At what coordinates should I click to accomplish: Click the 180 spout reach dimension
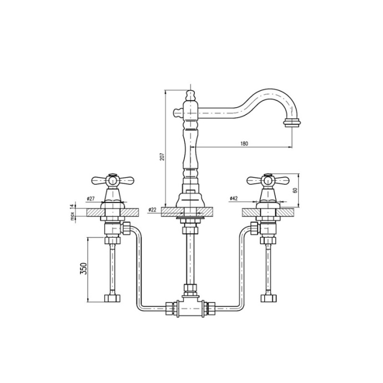(x=244, y=143)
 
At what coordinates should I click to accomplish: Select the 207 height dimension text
(x=162, y=157)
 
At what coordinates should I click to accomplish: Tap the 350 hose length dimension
(x=83, y=269)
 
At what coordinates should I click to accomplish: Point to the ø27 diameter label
(x=90, y=199)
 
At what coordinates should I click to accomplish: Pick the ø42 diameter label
(x=234, y=199)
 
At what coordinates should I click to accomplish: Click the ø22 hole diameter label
(x=152, y=209)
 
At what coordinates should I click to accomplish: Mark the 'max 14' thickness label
(x=72, y=212)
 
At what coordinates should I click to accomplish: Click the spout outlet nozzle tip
(x=292, y=123)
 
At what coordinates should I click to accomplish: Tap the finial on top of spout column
(x=191, y=95)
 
